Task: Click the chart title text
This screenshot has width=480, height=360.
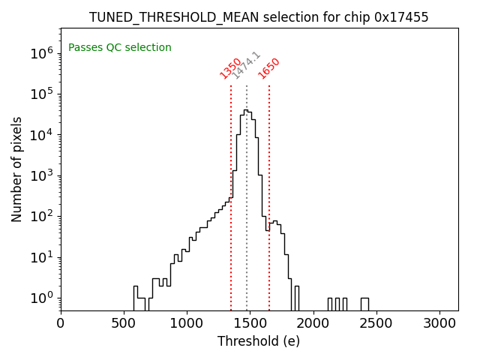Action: pyautogui.click(x=259, y=17)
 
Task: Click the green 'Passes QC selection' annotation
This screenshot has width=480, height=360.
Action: pyautogui.click(x=120, y=48)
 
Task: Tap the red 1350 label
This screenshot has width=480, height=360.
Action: pyautogui.click(x=230, y=68)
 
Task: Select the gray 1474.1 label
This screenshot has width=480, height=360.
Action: pyautogui.click(x=246, y=65)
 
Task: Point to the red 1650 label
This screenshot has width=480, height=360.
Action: pyautogui.click(x=268, y=68)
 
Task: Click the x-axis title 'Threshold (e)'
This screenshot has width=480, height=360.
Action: pyautogui.click(x=259, y=341)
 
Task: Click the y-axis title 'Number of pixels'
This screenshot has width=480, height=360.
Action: pyautogui.click(x=17, y=169)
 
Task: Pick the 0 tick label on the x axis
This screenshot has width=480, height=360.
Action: pyautogui.click(x=61, y=323)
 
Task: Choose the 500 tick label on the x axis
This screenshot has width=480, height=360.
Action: pyautogui.click(x=124, y=323)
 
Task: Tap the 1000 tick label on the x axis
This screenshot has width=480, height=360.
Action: pyautogui.click(x=187, y=323)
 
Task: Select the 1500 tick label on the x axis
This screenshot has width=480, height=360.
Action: pyautogui.click(x=250, y=323)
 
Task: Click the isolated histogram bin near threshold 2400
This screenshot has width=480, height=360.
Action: pyautogui.click(x=364, y=304)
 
